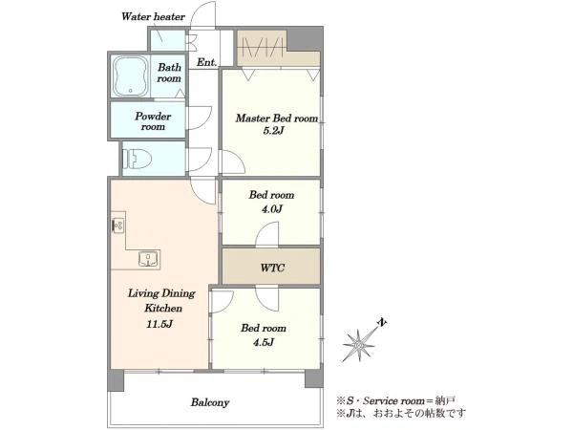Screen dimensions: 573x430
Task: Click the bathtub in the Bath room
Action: pyautogui.click(x=130, y=76)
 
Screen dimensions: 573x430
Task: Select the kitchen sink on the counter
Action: pyautogui.click(x=150, y=259)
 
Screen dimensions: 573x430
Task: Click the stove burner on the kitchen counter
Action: pyautogui.click(x=117, y=226)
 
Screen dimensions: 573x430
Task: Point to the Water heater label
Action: pyautogui.click(x=153, y=16)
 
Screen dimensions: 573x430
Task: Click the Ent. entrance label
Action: pyautogui.click(x=207, y=62)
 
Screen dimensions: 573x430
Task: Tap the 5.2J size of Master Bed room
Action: pyautogui.click(x=273, y=131)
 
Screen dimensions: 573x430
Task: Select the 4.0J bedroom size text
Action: pyautogui.click(x=271, y=208)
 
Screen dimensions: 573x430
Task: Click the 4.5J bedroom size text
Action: pyautogui.click(x=264, y=342)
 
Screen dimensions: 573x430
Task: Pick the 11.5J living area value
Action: pyautogui.click(x=159, y=324)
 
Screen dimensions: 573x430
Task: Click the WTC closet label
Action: pyautogui.click(x=272, y=268)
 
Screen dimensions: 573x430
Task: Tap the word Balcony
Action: pyautogui.click(x=210, y=402)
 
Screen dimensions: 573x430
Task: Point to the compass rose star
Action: pyautogui.click(x=358, y=344)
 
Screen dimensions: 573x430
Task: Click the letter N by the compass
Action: pyautogui.click(x=382, y=323)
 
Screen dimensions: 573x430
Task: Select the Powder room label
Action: pyautogui.click(x=153, y=121)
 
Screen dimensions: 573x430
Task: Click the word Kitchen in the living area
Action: pyautogui.click(x=163, y=308)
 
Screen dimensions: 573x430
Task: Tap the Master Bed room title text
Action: pyautogui.click(x=277, y=118)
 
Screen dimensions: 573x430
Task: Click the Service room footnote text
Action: pyautogui.click(x=396, y=400)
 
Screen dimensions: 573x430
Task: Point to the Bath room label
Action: pyautogui.click(x=169, y=73)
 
